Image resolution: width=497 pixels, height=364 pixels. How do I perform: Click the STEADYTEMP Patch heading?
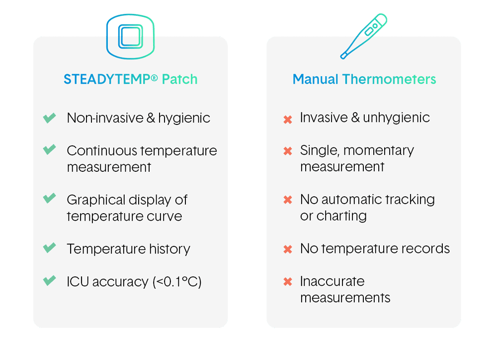[130, 79]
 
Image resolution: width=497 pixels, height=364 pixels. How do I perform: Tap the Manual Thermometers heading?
[364, 79]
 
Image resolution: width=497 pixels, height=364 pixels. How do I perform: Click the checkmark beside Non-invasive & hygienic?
[49, 118]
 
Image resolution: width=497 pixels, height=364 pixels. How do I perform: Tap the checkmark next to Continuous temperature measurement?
[49, 150]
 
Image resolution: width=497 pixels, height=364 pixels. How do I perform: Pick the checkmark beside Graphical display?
[49, 199]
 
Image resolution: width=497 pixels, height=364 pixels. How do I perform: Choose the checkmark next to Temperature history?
[49, 248]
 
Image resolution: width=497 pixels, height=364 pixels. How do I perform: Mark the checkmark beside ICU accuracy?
[49, 281]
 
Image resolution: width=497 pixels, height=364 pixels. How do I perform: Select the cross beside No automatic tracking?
[287, 200]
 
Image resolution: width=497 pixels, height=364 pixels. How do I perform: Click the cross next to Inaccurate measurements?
[287, 282]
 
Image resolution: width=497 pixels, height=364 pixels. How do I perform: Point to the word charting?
[340, 216]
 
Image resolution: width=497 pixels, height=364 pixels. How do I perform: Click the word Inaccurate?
[332, 281]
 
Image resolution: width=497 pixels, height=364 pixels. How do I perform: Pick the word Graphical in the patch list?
[96, 200]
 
